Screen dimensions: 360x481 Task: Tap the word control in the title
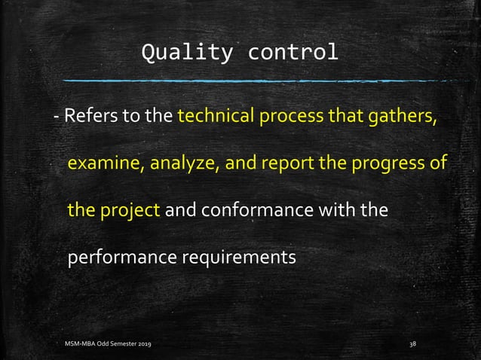293,53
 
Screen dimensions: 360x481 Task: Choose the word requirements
239,257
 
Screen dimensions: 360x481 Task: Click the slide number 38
412,344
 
